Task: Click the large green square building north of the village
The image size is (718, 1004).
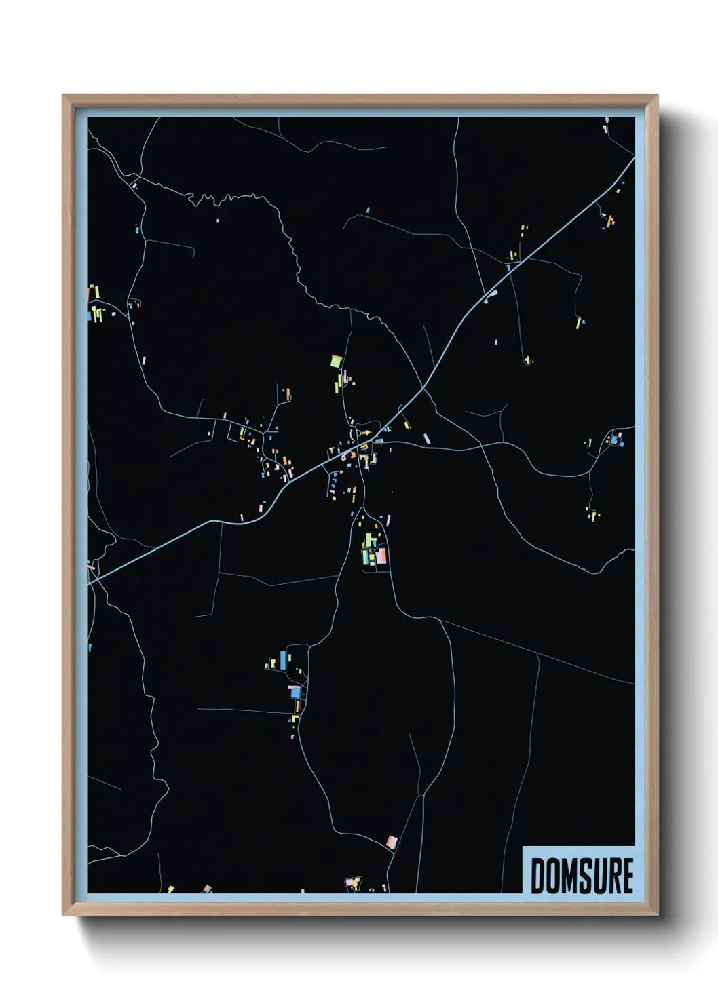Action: (x=335, y=362)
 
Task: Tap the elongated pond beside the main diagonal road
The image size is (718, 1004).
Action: (x=491, y=295)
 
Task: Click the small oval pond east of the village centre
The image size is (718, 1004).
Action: (x=427, y=439)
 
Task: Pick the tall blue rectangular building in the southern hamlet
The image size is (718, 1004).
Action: (x=283, y=658)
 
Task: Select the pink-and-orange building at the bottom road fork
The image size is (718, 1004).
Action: (x=391, y=842)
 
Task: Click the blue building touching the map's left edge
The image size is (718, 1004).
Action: (x=90, y=315)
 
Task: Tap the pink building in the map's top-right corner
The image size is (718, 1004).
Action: (x=606, y=127)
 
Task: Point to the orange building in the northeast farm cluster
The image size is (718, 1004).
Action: (x=609, y=220)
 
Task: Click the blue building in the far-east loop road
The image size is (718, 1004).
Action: (x=615, y=441)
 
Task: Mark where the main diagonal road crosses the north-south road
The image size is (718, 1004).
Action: (x=423, y=388)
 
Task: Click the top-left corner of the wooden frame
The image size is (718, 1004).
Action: (x=63, y=96)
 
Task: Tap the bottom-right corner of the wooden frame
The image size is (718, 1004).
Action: (x=657, y=914)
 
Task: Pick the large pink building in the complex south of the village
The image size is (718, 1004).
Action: (x=381, y=556)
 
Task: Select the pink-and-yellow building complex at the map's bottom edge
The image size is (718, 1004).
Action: (x=352, y=882)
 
